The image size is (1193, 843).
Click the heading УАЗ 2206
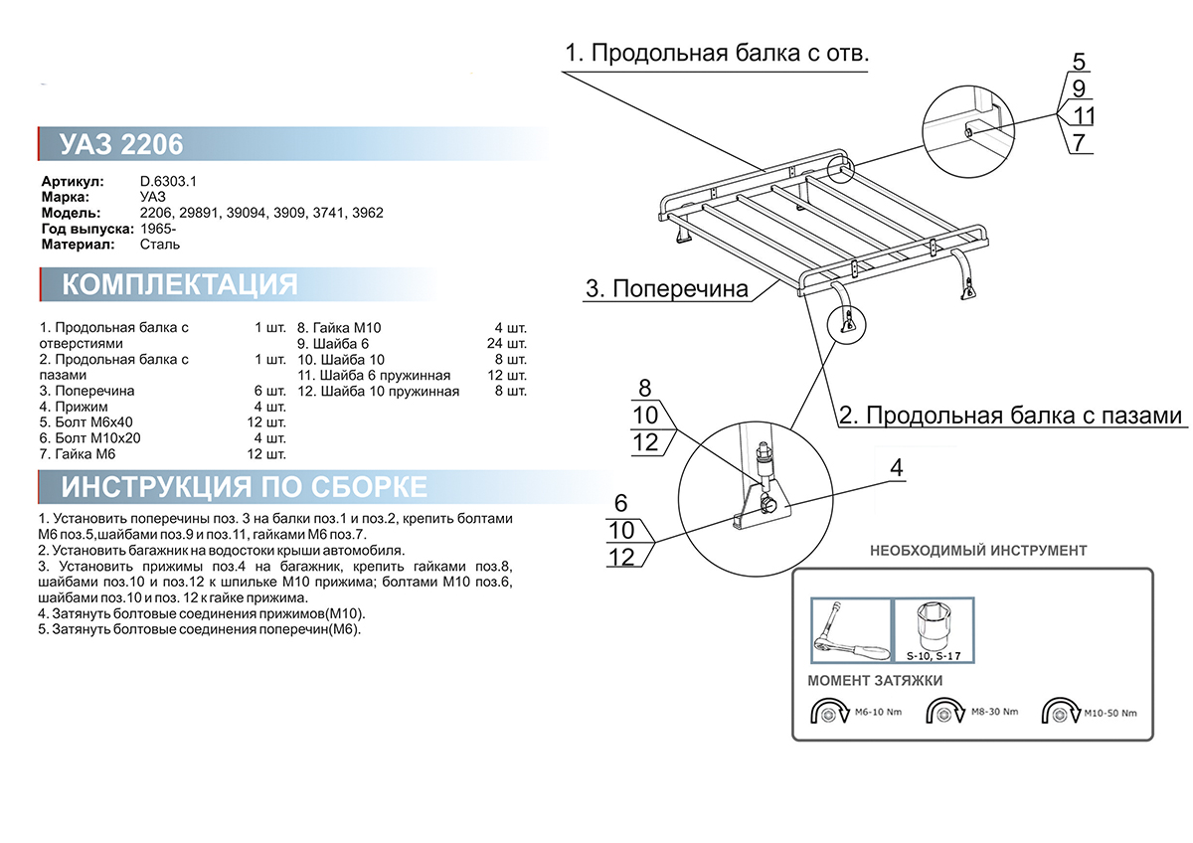tap(121, 145)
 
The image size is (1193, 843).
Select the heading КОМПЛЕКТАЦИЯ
tap(179, 285)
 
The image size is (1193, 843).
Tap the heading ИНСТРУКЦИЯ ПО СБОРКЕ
tap(245, 487)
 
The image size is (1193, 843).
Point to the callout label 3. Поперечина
tap(665, 289)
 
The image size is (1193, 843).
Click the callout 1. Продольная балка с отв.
tap(717, 54)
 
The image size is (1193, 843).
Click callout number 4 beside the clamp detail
tap(897, 468)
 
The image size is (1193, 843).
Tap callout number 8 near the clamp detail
tap(644, 389)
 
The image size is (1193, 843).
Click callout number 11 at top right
tap(1083, 116)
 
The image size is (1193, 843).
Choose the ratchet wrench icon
tap(850, 629)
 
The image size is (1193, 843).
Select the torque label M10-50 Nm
tap(1109, 713)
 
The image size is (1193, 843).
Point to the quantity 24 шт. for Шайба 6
tap(510, 344)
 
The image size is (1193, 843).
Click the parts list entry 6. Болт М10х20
tap(89, 438)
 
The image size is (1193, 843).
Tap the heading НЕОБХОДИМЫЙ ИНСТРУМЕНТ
tap(978, 550)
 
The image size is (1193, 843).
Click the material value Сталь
tap(161, 244)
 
